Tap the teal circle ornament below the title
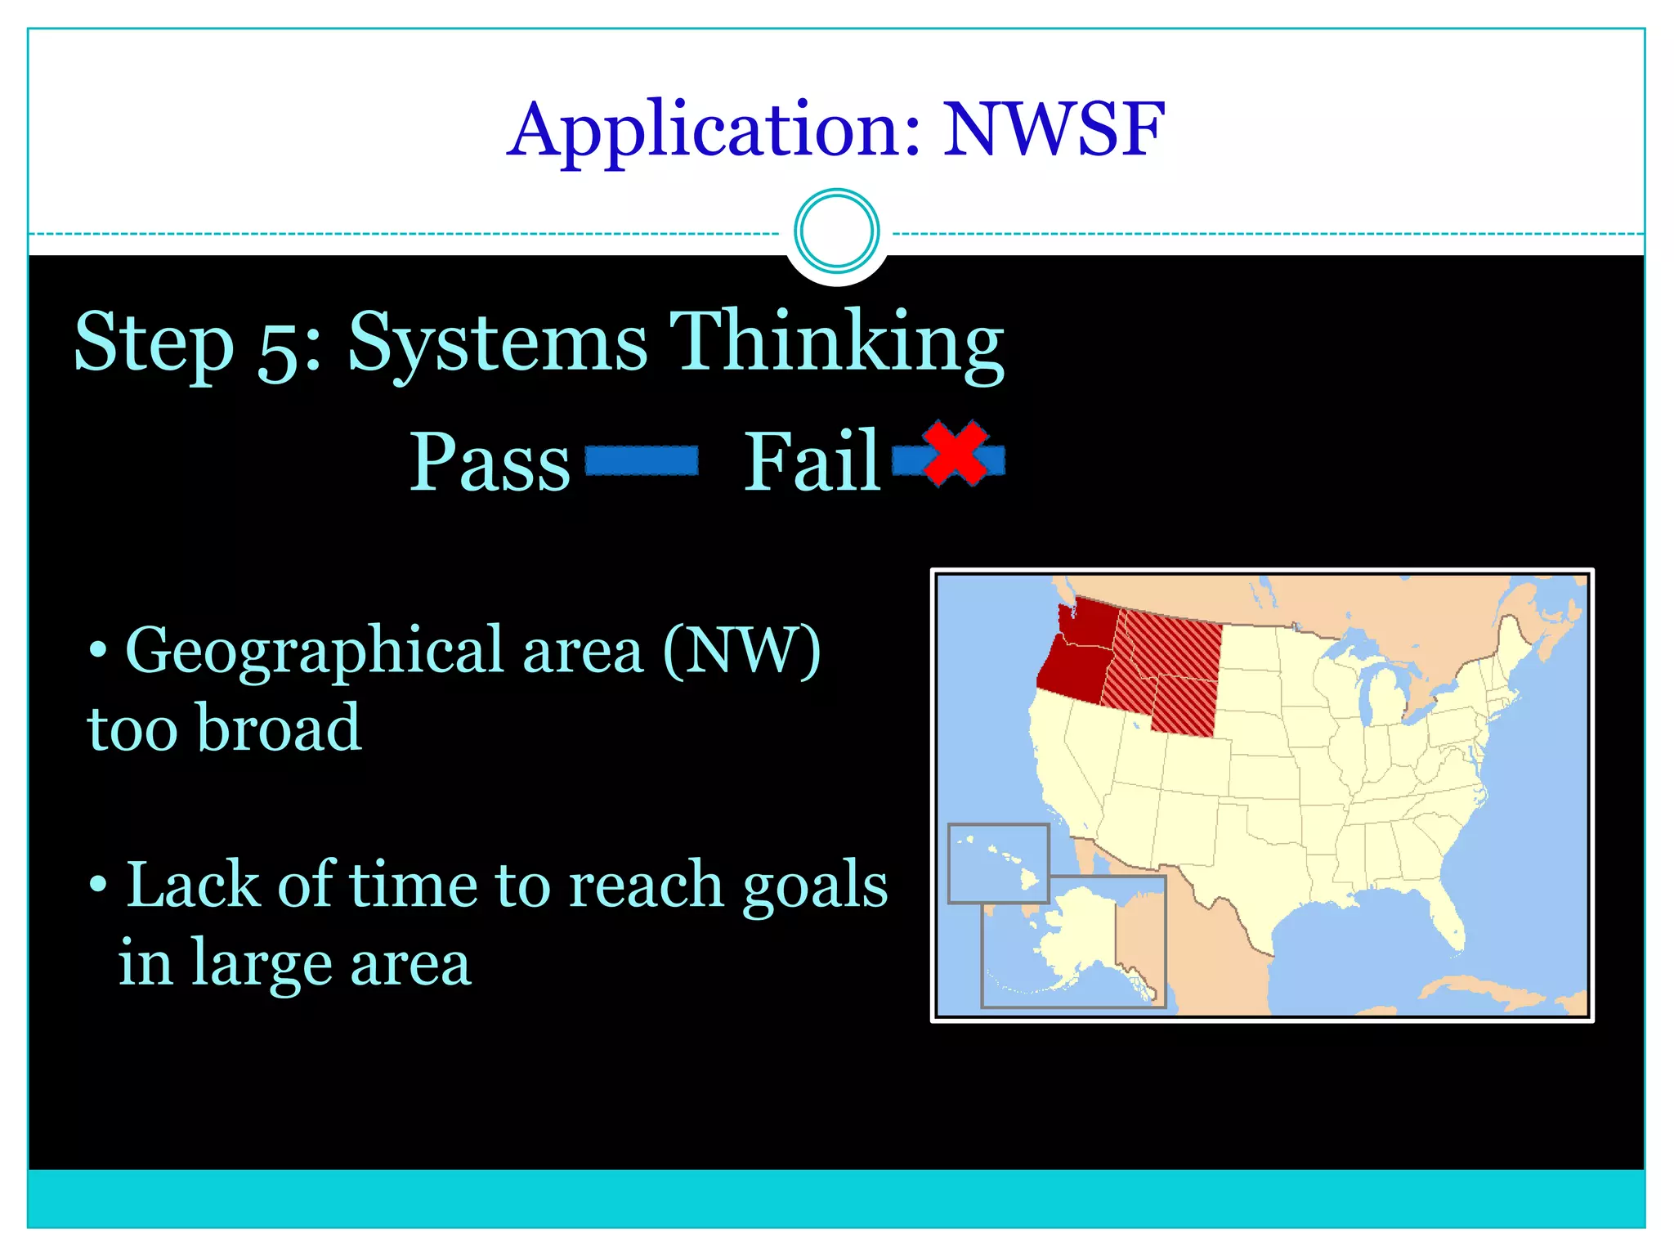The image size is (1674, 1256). [836, 231]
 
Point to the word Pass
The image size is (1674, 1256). [490, 462]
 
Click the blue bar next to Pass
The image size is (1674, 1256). [642, 460]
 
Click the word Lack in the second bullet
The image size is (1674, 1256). [192, 886]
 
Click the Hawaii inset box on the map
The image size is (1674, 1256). [998, 863]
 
